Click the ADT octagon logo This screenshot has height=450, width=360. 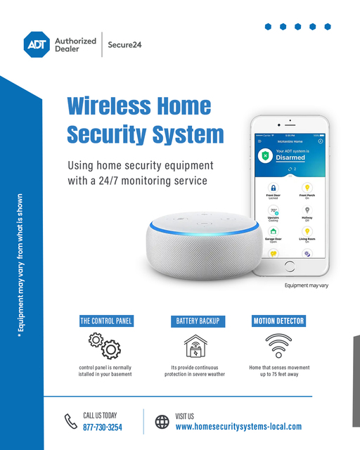pos(37,44)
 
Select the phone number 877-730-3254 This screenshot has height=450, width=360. pos(103,427)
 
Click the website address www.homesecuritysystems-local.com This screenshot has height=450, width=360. pos(238,427)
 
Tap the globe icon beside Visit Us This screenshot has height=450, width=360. pos(162,422)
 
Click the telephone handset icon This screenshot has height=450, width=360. pos(70,422)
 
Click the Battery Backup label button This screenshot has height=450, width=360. pos(196,321)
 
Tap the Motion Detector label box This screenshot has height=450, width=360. pos(278,321)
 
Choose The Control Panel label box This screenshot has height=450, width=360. pos(106,321)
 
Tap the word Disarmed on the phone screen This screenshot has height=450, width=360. pos(290,158)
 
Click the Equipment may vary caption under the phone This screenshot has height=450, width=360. pos(306,285)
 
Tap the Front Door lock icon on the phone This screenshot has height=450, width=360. pos(274,189)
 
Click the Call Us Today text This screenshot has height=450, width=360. pos(100,416)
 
